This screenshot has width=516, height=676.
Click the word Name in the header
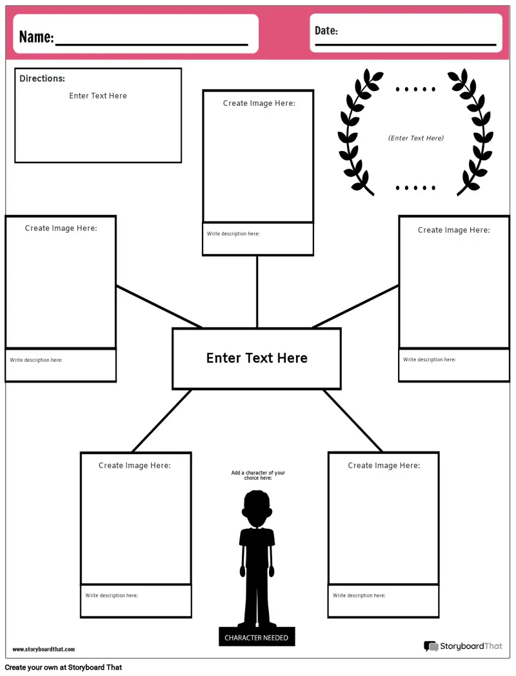point(36,37)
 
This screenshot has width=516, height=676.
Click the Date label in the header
point(326,31)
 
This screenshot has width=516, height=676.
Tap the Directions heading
point(42,79)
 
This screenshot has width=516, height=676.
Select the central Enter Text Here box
point(257,359)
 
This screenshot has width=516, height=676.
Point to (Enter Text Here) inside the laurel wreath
point(416,138)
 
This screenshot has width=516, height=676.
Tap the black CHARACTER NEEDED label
point(257,637)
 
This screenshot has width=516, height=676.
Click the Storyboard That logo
point(462,646)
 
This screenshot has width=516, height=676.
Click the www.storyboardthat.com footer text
point(43,649)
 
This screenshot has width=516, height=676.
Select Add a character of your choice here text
point(258,475)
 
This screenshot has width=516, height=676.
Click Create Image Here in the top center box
point(259,103)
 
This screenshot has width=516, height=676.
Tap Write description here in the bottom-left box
point(112,595)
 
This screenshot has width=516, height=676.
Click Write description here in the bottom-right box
point(359,595)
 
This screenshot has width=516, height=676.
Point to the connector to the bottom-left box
point(162,421)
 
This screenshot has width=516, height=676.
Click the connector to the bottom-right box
point(352,421)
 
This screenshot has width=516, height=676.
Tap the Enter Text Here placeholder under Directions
point(98,96)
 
